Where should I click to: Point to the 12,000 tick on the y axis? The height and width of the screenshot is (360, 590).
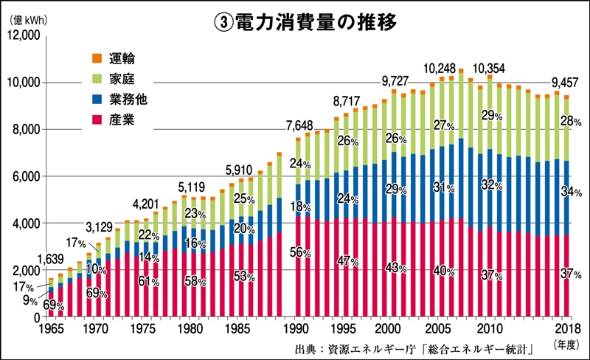26,35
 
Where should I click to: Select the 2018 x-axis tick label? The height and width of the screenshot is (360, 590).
566,328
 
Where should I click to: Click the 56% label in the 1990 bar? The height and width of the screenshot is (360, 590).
299,251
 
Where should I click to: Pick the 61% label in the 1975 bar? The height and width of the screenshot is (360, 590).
149,282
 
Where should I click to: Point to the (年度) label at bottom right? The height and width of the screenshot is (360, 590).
569,345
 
